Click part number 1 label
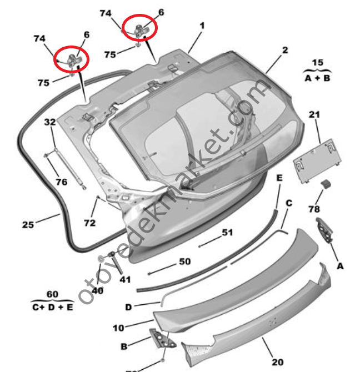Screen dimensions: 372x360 click(202, 26)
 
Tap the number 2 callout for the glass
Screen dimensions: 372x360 click(284, 50)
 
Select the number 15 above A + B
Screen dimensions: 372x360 click(317, 63)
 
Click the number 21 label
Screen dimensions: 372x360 click(315, 115)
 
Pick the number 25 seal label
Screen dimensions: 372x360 click(28, 224)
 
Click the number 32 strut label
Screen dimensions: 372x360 click(50, 122)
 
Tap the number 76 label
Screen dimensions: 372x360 click(61, 181)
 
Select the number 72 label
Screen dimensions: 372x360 click(90, 223)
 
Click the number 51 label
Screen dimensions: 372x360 click(228, 233)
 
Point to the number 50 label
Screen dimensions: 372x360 click(184, 261)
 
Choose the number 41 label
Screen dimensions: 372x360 click(125, 279)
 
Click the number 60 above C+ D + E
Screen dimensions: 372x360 click(52, 294)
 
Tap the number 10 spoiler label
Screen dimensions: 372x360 click(118, 328)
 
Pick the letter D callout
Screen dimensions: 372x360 click(128, 307)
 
